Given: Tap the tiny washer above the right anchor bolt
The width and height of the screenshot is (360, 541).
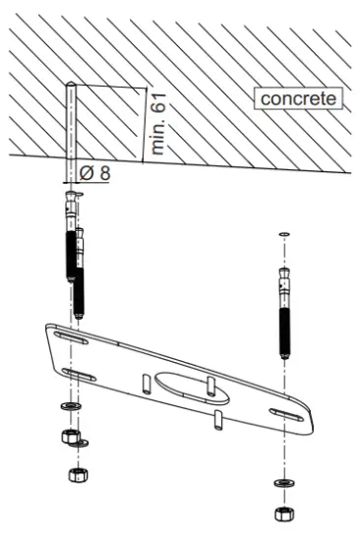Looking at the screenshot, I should coord(283,234).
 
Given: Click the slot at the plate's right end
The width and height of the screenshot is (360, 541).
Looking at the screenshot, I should coord(286,413).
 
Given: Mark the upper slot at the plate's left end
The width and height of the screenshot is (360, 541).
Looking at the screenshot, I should coord(72,337).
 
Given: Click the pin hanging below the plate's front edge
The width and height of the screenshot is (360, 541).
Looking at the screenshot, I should coord(215,420).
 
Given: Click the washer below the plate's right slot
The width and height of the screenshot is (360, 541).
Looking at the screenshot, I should coord(283,484).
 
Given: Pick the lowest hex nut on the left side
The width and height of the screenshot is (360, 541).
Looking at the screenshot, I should coord(76,476).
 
